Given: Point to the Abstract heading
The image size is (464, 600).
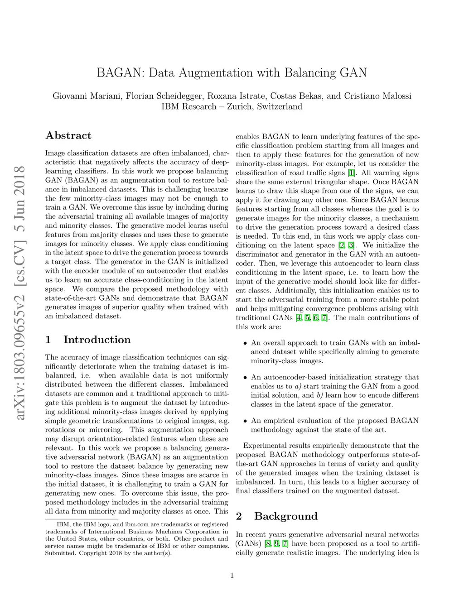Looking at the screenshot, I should point(68,135).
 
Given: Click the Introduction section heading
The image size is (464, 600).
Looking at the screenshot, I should point(97,340).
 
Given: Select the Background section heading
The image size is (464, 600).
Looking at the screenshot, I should point(286,516).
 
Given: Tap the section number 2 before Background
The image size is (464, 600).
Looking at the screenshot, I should point(239,516).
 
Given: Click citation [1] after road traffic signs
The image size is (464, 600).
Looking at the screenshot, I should point(351,173).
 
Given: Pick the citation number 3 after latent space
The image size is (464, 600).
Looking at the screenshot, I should point(351,245).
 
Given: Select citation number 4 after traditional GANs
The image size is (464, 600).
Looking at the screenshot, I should point(298,318).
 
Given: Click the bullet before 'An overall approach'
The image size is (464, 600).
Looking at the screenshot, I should point(245,343).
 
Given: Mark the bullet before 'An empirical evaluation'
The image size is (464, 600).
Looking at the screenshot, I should point(245,421).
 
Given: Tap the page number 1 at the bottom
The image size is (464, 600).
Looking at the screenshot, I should point(232,576).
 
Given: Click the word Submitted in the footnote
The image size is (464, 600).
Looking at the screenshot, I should point(60,553).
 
